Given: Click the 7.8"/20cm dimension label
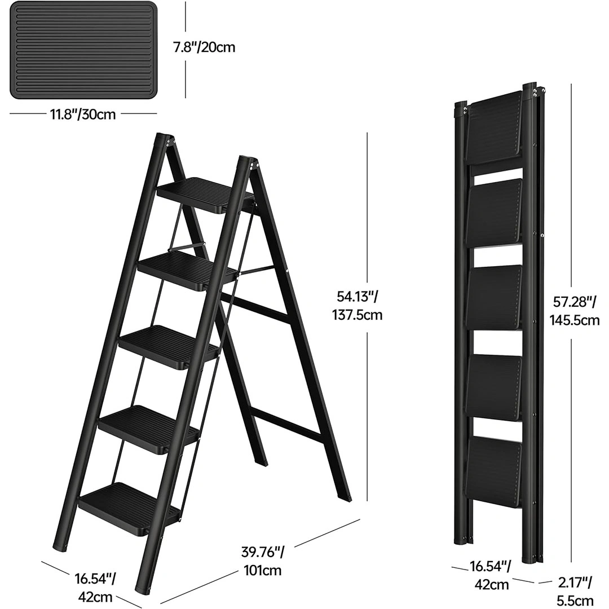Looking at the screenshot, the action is click(204, 47).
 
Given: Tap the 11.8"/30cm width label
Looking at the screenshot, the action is click(82, 114).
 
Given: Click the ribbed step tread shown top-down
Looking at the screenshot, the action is click(82, 50).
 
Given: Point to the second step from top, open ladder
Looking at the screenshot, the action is click(187, 270).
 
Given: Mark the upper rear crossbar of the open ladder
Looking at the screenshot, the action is click(257, 310).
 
